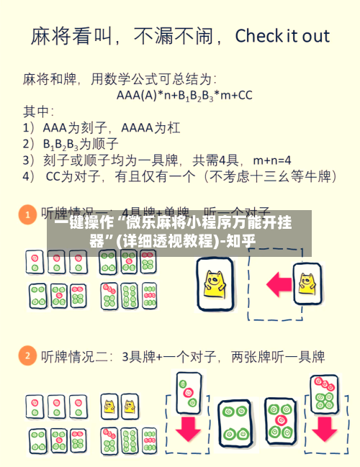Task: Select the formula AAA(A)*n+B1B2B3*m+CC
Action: (x=184, y=94)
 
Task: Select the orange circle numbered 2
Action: (x=27, y=355)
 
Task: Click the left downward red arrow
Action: (x=189, y=428)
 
